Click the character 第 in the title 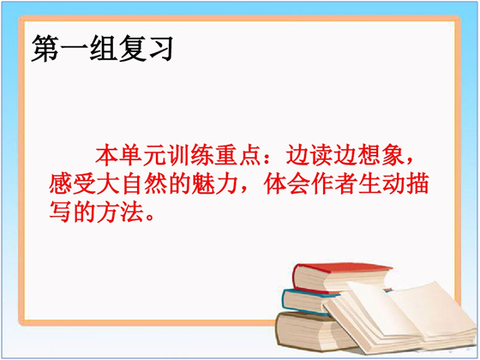pyautogui.click(x=45, y=48)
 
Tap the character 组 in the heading pyautogui.click(x=104, y=48)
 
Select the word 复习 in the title pyautogui.click(x=147, y=48)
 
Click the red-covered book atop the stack pyautogui.click(x=339, y=277)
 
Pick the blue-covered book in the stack pyautogui.click(x=309, y=301)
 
